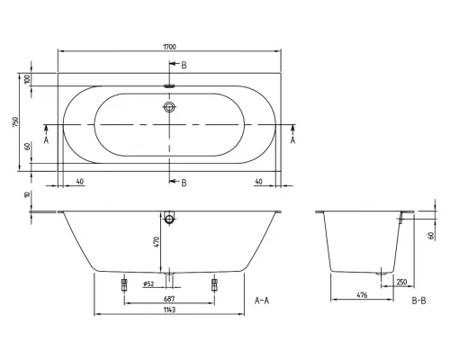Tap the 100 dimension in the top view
29,79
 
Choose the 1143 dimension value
169,310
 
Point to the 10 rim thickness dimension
29,195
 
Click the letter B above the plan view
184,66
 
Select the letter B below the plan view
184,183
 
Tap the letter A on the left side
47,140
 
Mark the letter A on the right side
292,140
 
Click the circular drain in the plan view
169,108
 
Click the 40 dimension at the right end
258,181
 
